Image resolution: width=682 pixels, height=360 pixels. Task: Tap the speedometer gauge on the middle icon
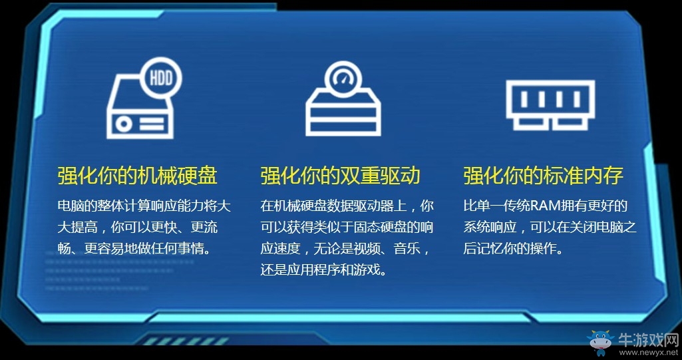click(x=343, y=75)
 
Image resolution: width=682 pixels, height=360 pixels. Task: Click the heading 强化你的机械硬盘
click(x=137, y=176)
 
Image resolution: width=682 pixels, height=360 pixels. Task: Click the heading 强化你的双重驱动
click(x=340, y=176)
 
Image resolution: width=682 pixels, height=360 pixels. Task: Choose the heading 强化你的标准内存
click(x=543, y=176)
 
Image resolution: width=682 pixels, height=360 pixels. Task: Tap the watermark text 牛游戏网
click(x=647, y=338)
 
